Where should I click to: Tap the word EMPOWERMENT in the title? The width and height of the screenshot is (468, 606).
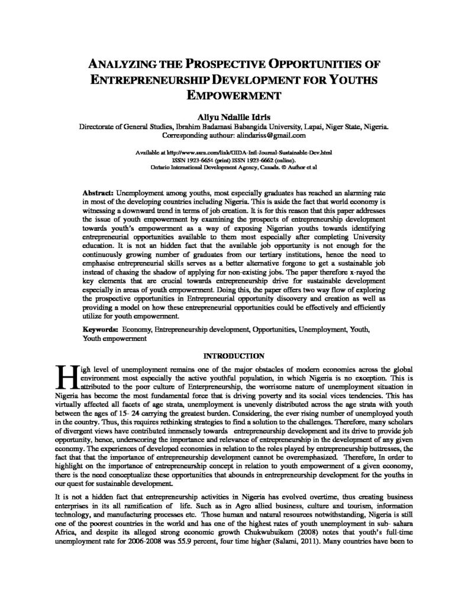point(234,94)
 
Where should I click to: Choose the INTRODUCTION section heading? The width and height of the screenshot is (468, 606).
point(234,356)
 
